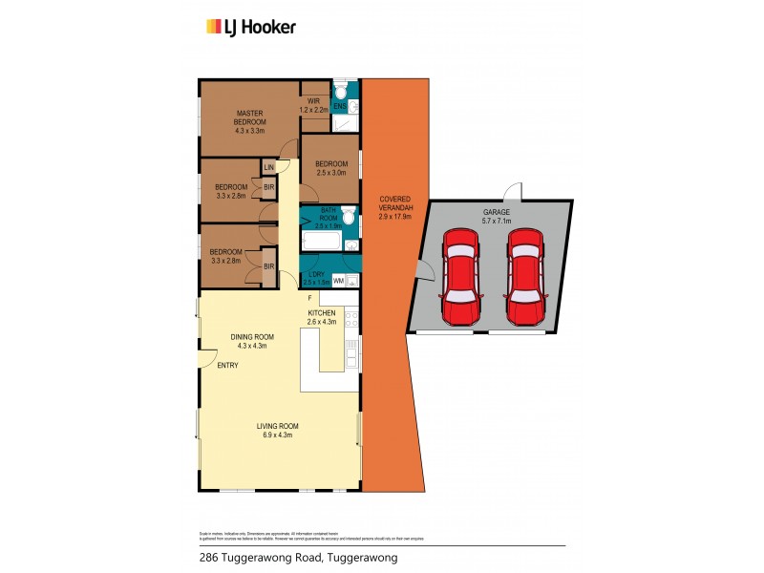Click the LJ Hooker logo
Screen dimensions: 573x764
coord(251,27)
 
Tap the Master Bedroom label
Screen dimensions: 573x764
coord(251,117)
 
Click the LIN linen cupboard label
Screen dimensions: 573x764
coord(269,167)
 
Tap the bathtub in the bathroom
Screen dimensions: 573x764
coord(320,243)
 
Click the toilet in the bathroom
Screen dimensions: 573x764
coord(349,219)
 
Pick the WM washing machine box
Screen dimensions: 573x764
coord(338,280)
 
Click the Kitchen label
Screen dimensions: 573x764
coord(320,313)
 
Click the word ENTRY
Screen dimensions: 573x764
coord(228,366)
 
